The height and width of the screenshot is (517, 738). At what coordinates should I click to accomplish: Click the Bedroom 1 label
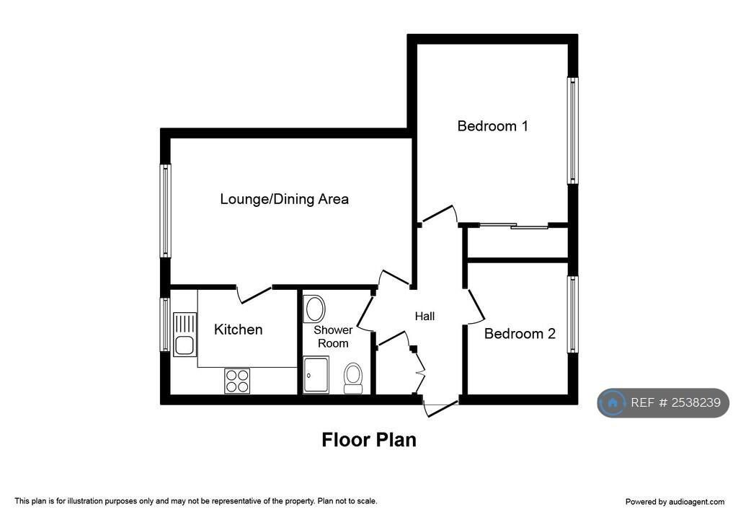point(492,126)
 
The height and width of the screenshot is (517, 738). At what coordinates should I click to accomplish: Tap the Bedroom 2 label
point(520,334)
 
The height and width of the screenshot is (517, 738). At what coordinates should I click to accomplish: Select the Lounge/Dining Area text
point(284,199)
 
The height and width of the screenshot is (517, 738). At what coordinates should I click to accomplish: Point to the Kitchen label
point(238,330)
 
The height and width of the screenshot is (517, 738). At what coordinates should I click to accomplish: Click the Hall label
point(424,317)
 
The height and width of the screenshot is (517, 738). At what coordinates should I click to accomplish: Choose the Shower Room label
point(333,337)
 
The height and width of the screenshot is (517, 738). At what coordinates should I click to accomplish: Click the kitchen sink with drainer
point(185,335)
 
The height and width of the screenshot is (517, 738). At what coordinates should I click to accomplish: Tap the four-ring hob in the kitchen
point(237,381)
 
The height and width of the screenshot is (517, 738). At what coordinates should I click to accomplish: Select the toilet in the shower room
point(353,378)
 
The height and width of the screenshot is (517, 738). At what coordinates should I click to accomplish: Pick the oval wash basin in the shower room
point(315,309)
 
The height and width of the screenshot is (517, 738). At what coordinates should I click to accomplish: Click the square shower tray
point(316,375)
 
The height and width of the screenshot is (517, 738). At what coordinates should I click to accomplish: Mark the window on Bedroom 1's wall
point(572,131)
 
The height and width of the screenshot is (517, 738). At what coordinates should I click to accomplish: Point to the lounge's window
point(165,211)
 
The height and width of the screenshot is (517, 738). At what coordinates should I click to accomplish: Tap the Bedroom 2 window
point(572,314)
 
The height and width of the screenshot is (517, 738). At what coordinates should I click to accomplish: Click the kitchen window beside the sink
point(165,324)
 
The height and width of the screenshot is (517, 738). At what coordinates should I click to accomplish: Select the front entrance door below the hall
point(440,409)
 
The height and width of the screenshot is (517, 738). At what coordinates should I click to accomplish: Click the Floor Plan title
point(369,440)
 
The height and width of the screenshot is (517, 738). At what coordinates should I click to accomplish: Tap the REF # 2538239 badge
point(663,402)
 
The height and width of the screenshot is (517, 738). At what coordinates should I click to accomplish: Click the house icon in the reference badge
point(613,402)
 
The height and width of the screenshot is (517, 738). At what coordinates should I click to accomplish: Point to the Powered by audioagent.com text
point(675,502)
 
